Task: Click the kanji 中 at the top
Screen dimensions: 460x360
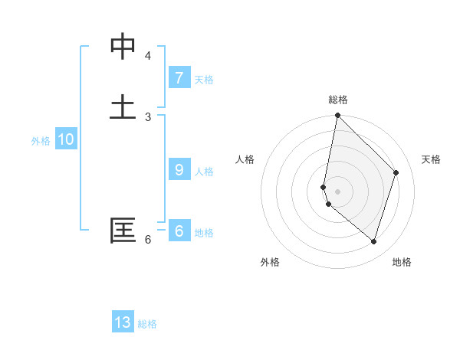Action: coord(123,47)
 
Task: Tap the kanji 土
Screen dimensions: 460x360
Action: coord(123,106)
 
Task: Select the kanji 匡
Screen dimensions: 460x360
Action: coord(123,231)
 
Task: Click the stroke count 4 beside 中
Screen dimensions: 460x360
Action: coord(147,56)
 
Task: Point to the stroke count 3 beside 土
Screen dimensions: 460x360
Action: coord(147,116)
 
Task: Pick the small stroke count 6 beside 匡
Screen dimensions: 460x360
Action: coord(147,240)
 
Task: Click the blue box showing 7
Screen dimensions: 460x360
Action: coord(179,77)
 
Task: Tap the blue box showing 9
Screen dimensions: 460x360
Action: coord(179,169)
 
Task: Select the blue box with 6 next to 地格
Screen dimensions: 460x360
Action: coord(179,231)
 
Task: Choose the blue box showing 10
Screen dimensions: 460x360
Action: coord(66,139)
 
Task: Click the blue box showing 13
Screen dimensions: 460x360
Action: coord(123,322)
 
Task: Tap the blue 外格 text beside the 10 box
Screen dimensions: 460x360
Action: coord(41,141)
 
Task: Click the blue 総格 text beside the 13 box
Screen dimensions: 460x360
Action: coord(147,324)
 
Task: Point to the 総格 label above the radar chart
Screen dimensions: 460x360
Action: coord(338,100)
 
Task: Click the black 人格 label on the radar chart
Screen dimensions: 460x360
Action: coord(245,159)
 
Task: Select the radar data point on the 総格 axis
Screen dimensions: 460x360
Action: coord(337,116)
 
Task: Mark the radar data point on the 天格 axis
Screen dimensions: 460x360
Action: coord(396,172)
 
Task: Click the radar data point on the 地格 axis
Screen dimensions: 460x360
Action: coord(373,241)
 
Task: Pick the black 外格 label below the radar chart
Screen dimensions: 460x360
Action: coord(270,262)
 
